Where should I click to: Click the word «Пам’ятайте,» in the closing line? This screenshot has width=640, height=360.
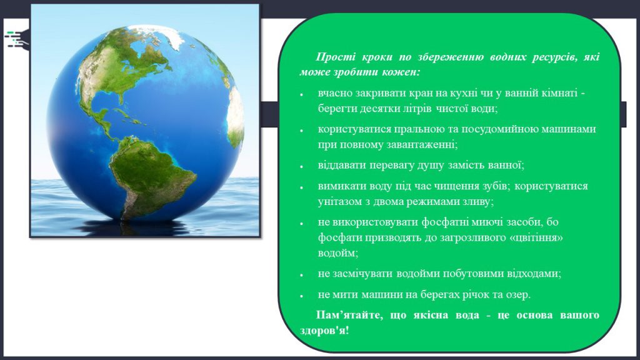pyautogui.click(x=349, y=316)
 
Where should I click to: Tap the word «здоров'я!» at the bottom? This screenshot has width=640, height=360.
pyautogui.click(x=324, y=331)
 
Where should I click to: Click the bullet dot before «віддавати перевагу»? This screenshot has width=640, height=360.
pyautogui.click(x=302, y=167)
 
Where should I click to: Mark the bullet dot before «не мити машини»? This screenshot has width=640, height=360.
pyautogui.click(x=302, y=296)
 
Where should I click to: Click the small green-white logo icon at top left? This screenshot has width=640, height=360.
pyautogui.click(x=17, y=39)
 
